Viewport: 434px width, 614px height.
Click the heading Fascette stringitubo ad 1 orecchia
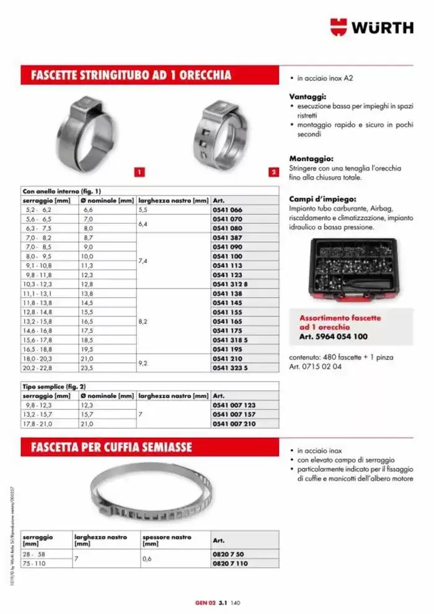126,76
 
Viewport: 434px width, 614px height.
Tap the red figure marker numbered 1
140,172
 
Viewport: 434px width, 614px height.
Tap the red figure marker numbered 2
273,172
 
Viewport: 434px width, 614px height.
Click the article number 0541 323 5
230,368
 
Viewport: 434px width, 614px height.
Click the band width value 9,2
143,363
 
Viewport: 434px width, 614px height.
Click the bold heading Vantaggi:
308,97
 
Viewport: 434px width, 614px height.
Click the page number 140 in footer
236,602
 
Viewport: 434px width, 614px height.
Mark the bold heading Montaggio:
311,159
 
